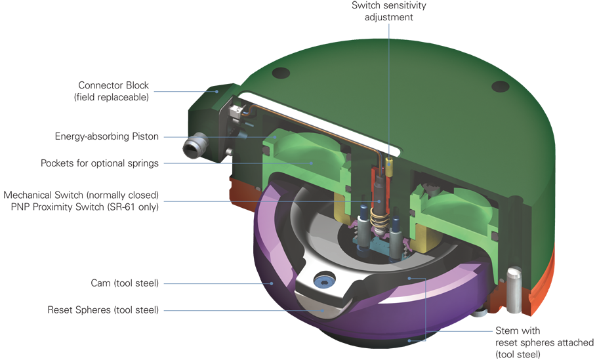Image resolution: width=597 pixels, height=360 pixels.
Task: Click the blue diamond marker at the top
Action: (389, 29)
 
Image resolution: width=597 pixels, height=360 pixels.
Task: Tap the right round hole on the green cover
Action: (500, 87)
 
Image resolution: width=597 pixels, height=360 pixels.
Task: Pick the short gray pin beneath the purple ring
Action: (479, 317)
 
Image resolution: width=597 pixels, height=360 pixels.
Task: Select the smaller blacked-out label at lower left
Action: (105, 296)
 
